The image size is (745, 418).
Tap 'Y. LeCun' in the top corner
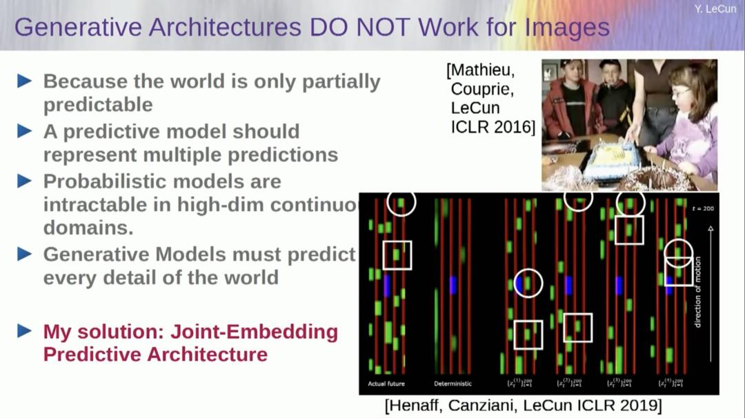(x=715, y=9)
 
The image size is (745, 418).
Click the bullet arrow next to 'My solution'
(x=24, y=330)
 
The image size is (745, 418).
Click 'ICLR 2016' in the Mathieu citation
(x=492, y=126)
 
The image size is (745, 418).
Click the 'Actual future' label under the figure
(x=386, y=384)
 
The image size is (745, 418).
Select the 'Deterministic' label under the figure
(x=453, y=384)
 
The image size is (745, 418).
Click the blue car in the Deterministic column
(x=453, y=285)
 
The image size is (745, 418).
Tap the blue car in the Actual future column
(x=387, y=286)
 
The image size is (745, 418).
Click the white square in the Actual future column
(x=397, y=255)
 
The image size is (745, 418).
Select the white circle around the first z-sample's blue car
(x=528, y=283)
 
